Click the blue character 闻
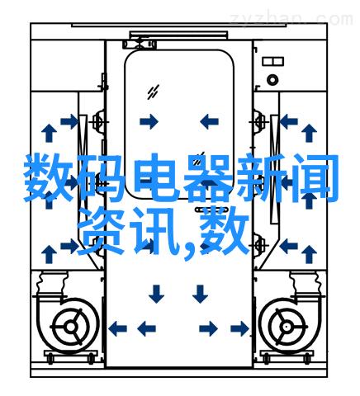[x=314, y=178]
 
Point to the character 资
[x=101, y=230]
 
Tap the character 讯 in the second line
[x=154, y=231]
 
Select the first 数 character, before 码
[x=48, y=177]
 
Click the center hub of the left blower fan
[x=71, y=327]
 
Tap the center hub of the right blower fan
[x=287, y=327]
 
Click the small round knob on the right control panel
[x=272, y=80]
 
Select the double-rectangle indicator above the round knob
[x=272, y=61]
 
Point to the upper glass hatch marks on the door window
[x=154, y=92]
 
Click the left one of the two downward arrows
[x=156, y=294]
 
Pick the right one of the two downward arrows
[x=200, y=294]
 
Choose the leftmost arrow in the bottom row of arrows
[x=117, y=328]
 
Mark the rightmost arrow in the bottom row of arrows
[x=239, y=328]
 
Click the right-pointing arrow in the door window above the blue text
[x=149, y=121]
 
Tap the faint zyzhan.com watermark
[x=291, y=19]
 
